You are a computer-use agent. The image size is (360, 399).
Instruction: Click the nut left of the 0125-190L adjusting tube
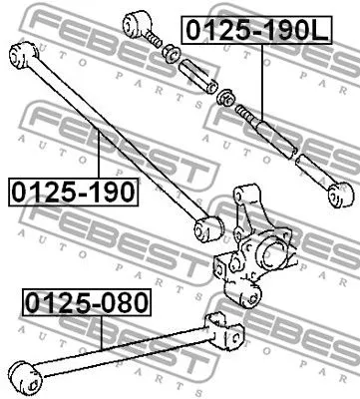tap(227, 100)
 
